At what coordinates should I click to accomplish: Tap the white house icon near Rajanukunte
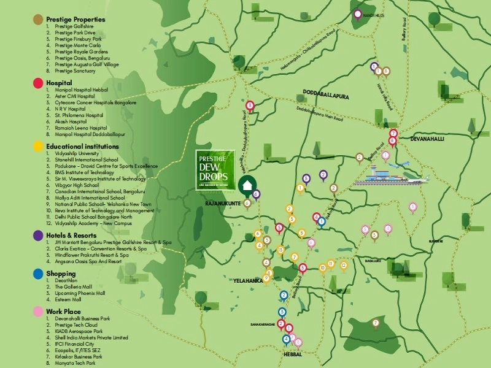[247, 185]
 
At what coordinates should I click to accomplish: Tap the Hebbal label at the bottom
[292, 354]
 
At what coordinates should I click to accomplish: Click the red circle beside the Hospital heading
[38, 82]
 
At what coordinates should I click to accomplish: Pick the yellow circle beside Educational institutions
[38, 147]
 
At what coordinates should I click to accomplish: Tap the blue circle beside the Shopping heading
[38, 274]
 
